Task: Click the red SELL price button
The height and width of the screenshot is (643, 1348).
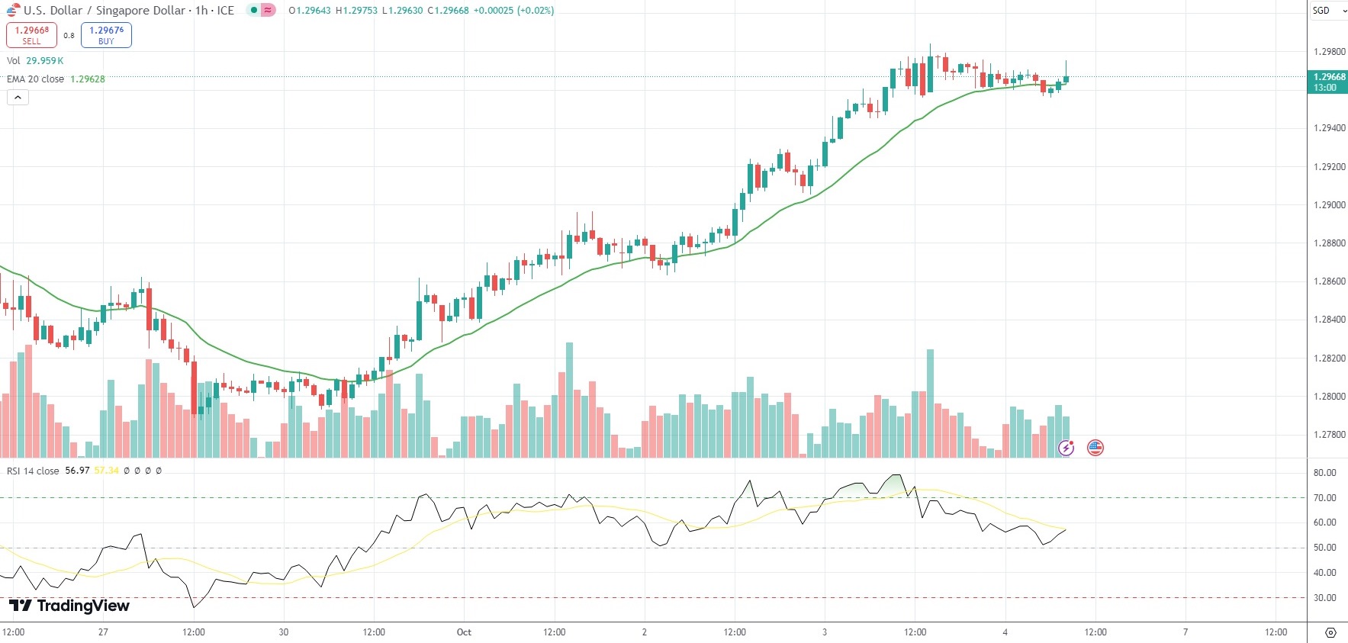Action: [31, 35]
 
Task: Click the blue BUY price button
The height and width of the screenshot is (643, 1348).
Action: [106, 35]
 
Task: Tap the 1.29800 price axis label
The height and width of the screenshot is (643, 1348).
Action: [1329, 52]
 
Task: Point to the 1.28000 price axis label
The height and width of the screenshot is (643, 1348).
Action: [1329, 397]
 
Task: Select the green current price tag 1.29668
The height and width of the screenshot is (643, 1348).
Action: [1328, 82]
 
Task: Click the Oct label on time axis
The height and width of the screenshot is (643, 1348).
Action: [464, 632]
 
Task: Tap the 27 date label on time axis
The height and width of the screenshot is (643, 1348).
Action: [103, 632]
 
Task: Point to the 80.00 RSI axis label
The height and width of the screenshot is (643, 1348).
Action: [1324, 473]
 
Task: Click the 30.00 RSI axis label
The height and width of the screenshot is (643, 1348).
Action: [1324, 598]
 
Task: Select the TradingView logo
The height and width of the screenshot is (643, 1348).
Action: [69, 606]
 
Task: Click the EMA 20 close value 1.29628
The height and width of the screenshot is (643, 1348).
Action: [88, 79]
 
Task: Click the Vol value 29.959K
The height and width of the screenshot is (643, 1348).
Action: [45, 61]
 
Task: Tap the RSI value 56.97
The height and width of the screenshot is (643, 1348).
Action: [77, 471]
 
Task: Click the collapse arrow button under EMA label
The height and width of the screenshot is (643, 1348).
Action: [18, 97]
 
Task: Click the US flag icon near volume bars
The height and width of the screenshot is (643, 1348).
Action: [1095, 448]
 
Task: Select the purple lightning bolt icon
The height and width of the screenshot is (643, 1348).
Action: [1066, 448]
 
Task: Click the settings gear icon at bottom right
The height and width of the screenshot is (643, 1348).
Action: [1330, 632]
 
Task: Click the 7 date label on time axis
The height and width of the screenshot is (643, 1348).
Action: [1186, 632]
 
